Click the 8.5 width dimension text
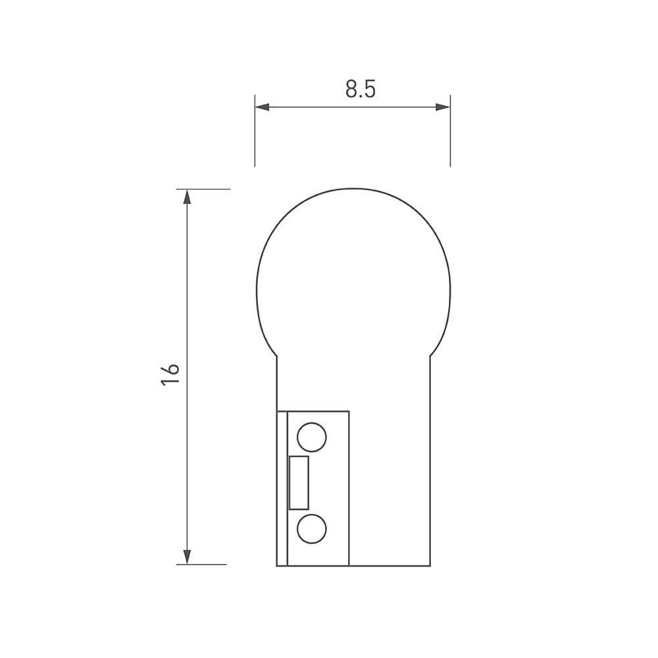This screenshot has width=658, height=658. (x=360, y=89)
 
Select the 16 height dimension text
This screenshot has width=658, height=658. (x=170, y=374)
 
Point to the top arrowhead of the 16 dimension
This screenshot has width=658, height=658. (x=187, y=197)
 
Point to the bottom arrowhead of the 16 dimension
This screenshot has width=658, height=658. (x=187, y=557)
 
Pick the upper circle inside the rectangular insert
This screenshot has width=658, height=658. (x=311, y=437)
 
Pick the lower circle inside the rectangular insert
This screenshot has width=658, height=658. (x=311, y=528)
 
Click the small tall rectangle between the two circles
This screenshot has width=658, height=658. (x=299, y=482)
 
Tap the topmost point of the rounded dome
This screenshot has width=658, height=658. (x=353, y=188)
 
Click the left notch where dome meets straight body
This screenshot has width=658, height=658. (x=277, y=356)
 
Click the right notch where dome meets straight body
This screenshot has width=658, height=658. (x=430, y=356)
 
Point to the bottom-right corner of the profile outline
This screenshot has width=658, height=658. (x=430, y=565)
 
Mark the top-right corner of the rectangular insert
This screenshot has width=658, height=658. (x=348, y=411)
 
